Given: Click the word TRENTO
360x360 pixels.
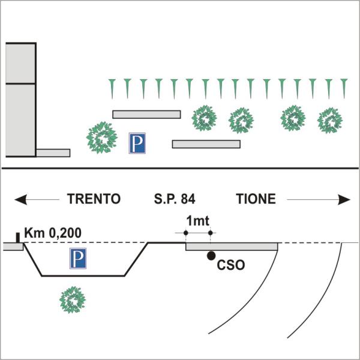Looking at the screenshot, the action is pyautogui.click(x=94, y=199).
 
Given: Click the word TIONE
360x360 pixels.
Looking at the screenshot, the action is pyautogui.click(x=256, y=199).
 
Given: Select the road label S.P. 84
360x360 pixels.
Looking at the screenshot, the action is pyautogui.click(x=175, y=199).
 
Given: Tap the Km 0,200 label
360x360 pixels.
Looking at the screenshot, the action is pyautogui.click(x=53, y=233).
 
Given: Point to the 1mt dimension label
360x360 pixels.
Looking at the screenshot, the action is pyautogui.click(x=197, y=221).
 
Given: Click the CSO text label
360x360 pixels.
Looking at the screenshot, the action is pyautogui.click(x=231, y=265).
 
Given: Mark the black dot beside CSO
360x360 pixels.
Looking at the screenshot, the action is pyautogui.click(x=211, y=256).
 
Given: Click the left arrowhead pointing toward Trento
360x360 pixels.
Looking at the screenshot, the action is pyautogui.click(x=20, y=199).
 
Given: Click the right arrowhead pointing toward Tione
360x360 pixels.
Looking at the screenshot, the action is pyautogui.click(x=344, y=199).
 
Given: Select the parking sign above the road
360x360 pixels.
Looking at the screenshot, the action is pyautogui.click(x=137, y=143).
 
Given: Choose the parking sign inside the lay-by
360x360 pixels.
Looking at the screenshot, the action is pyautogui.click(x=78, y=258).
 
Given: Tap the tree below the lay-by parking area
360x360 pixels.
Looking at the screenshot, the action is pyautogui.click(x=73, y=300).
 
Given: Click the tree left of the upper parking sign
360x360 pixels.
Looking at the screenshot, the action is pyautogui.click(x=102, y=137).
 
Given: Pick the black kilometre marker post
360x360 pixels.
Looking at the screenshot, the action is pyautogui.click(x=17, y=238).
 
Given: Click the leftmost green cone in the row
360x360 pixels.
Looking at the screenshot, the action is pyautogui.click(x=112, y=89).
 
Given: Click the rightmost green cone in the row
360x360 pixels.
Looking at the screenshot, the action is pyautogui.click(x=344, y=89).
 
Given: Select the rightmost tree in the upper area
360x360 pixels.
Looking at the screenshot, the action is pyautogui.click(x=330, y=121).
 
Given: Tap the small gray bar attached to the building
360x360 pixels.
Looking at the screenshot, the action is pyautogui.click(x=53, y=153).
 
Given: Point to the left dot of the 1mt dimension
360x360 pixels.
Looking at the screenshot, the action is pyautogui.click(x=186, y=233).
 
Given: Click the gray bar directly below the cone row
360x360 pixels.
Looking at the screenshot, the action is pyautogui.click(x=146, y=115).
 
